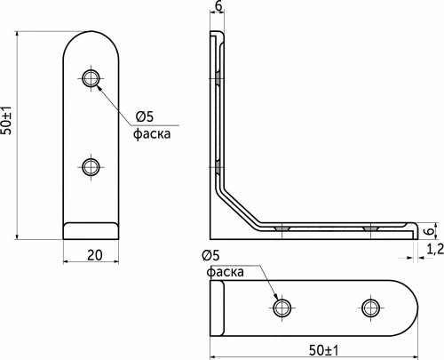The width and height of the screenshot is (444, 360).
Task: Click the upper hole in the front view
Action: coord(91,78)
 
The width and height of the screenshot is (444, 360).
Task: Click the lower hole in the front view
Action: coord(91,165)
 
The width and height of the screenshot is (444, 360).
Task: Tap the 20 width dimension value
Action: coord(91,256)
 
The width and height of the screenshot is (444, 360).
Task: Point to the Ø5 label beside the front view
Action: coord(146,116)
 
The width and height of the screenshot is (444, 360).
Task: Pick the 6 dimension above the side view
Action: coord(218,7)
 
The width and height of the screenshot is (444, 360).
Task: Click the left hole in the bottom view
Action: coord(282,308)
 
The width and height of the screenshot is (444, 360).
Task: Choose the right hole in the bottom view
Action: coord(370,308)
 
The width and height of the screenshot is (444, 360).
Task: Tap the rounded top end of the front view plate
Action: coord(91,37)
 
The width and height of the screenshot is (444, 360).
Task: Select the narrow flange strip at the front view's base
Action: coord(91,230)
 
